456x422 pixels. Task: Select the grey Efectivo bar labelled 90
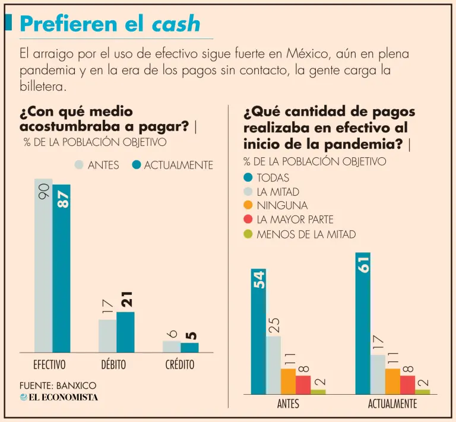point(43,267)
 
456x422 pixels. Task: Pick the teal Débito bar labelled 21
point(125,332)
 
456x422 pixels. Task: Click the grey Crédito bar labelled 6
point(172,347)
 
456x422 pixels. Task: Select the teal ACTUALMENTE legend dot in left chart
point(137,165)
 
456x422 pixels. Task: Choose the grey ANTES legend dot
point(79,165)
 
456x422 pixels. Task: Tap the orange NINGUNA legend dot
point(248,205)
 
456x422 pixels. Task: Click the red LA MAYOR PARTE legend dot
point(248,220)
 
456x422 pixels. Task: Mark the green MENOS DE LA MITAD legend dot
point(248,234)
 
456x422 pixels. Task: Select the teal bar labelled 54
point(258,332)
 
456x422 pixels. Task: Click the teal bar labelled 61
point(363,323)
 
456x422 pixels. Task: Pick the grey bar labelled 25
point(273,365)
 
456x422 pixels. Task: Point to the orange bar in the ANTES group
point(288,381)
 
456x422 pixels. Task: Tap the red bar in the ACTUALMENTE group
point(407,385)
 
